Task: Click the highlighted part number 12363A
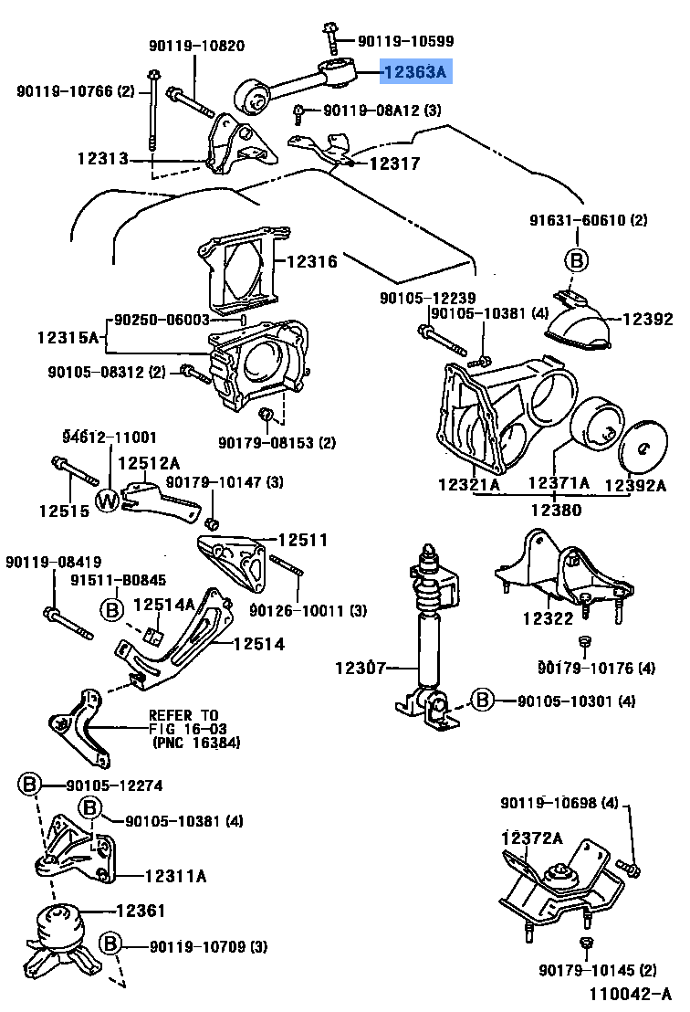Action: point(416,71)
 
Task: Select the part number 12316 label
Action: point(311,262)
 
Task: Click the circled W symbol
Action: point(108,500)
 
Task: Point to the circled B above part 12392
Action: point(576,260)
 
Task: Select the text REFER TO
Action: point(183,715)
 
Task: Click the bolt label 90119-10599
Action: point(405,41)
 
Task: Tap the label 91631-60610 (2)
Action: point(589,220)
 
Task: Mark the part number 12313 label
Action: point(101,158)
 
